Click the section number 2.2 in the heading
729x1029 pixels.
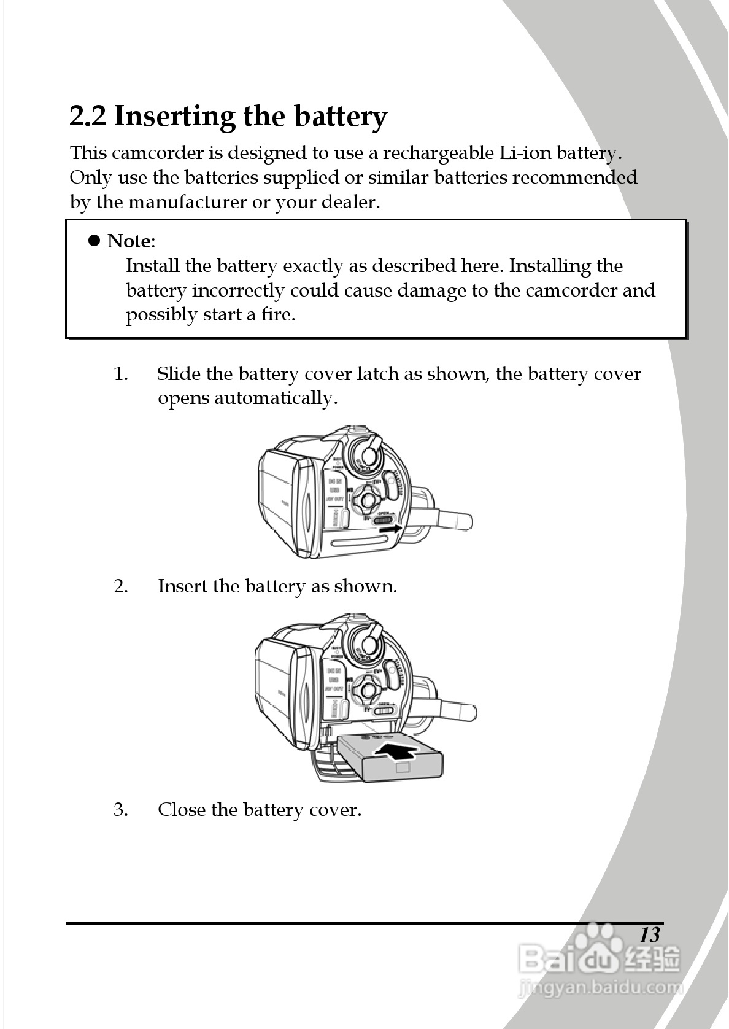click(88, 116)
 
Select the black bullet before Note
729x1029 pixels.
click(94, 240)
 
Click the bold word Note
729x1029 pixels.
click(128, 241)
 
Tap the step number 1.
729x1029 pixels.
click(121, 374)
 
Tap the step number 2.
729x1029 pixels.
click(121, 586)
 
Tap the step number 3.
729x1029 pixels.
click(121, 810)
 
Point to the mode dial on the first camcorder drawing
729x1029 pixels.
click(368, 455)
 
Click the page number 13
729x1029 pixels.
click(649, 935)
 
